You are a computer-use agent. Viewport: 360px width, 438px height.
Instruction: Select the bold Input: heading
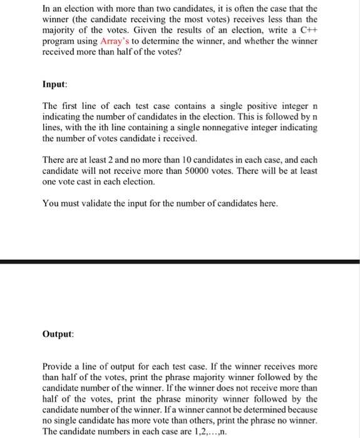pos(55,84)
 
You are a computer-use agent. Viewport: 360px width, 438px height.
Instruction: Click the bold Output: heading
pos(58,334)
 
